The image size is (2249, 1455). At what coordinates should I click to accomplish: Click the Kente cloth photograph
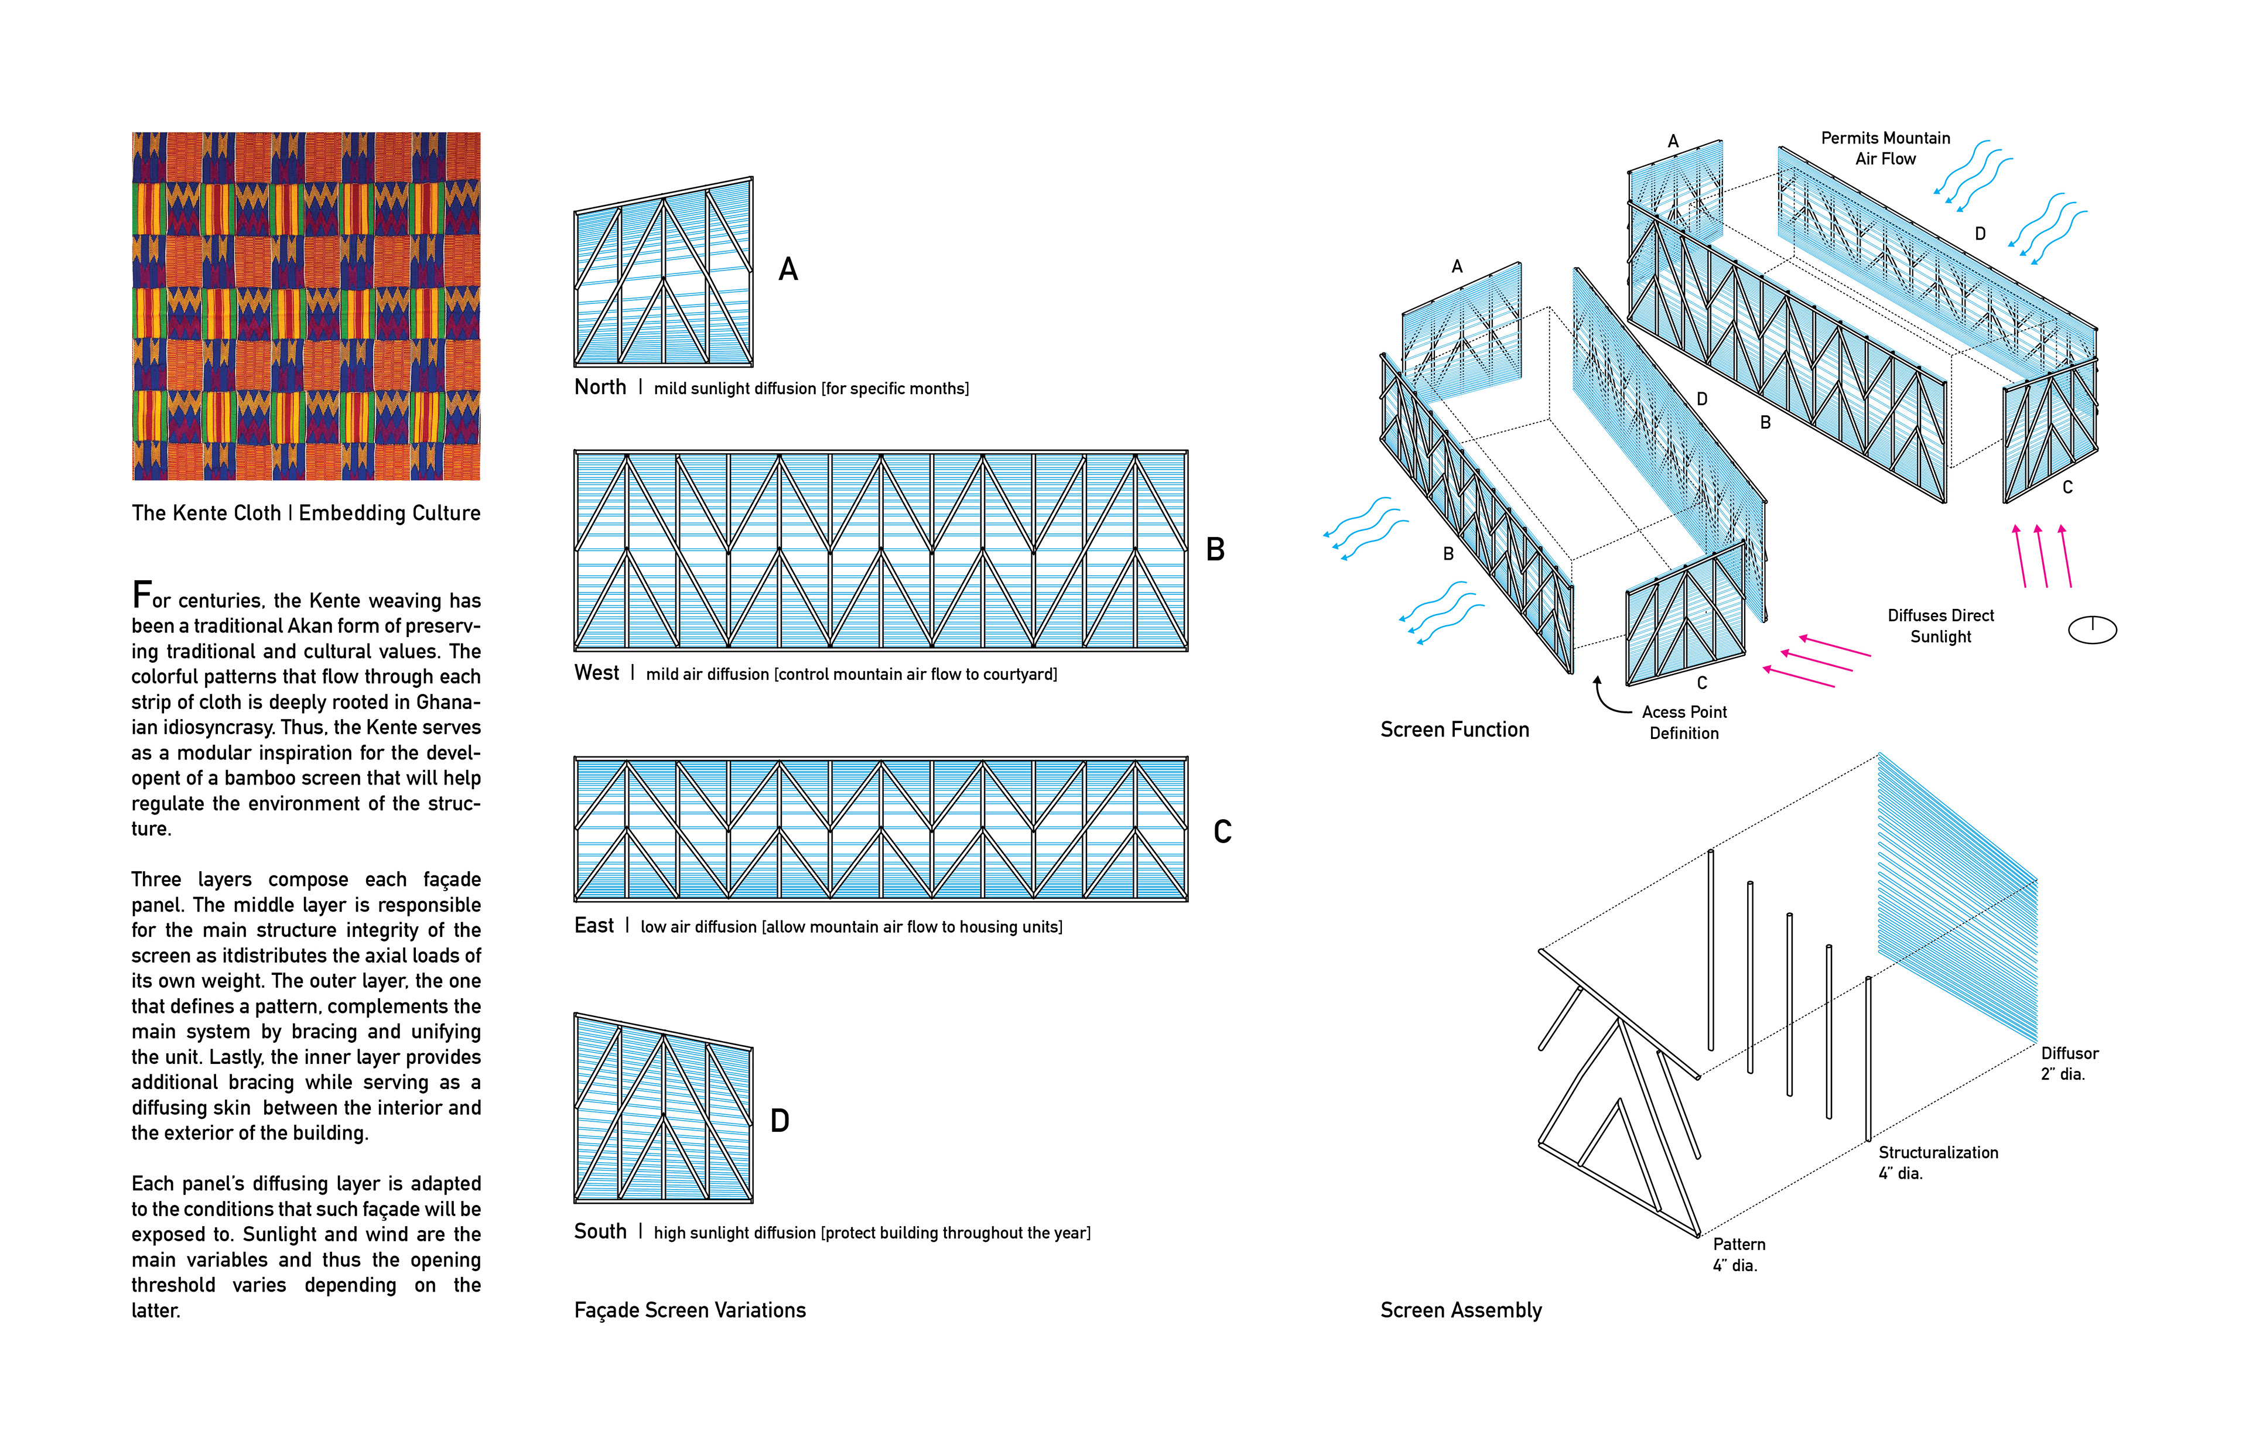point(306,306)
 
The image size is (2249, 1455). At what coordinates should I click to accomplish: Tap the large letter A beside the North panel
point(788,271)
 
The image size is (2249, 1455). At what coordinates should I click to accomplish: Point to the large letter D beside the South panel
point(780,1121)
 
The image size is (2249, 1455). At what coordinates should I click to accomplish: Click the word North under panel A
point(600,388)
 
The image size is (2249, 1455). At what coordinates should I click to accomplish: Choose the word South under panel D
point(600,1232)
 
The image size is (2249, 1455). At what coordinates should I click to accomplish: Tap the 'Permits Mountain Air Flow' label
point(1885,148)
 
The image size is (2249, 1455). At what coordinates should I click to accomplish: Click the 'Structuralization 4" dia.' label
point(1937,1163)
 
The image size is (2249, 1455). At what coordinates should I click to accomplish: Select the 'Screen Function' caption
point(1454,730)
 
